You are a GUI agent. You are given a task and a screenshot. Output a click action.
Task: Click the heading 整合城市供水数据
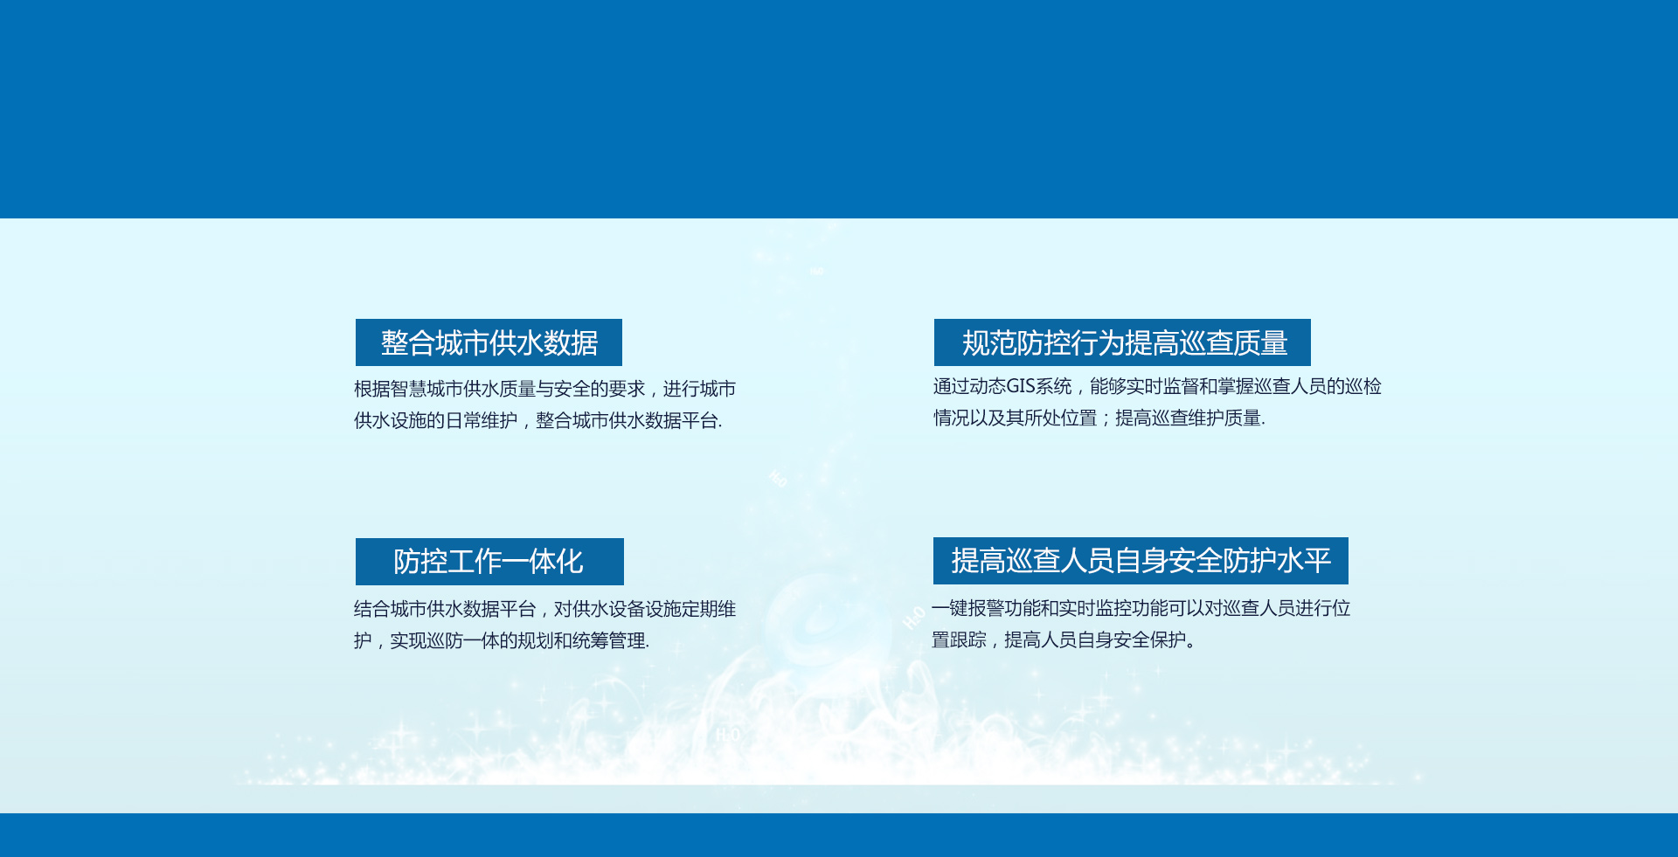[489, 342]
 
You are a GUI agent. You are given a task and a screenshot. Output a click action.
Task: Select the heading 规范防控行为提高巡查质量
[1124, 342]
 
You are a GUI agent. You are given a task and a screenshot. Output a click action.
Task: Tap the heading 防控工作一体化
[489, 562]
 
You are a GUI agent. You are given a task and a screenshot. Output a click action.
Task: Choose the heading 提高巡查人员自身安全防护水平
[1141, 561]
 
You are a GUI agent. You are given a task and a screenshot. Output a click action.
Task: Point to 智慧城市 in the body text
[426, 389]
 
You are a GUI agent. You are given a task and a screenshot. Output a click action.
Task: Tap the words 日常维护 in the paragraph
[482, 420]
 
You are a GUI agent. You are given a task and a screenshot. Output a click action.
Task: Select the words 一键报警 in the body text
[967, 608]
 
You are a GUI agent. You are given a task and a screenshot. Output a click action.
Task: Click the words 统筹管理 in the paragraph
[609, 640]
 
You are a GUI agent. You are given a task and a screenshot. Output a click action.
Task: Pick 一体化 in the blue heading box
[556, 562]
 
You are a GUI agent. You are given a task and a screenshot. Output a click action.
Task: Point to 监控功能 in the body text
[1132, 608]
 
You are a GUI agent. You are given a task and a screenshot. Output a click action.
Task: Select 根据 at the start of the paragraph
[371, 389]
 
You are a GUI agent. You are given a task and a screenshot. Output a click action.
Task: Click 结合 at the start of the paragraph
[371, 609]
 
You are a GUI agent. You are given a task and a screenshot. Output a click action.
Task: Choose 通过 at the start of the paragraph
[951, 386]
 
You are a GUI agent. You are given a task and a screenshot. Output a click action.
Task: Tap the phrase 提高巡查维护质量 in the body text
[1188, 418]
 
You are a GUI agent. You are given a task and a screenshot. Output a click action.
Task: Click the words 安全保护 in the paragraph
[1150, 639]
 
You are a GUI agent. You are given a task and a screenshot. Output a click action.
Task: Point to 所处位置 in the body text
[1060, 418]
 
